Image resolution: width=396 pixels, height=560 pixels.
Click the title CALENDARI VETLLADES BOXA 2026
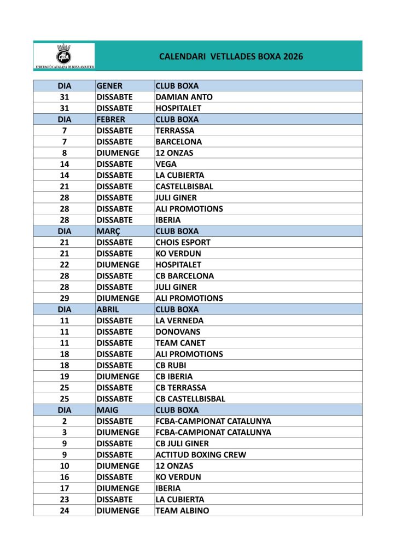point(231,56)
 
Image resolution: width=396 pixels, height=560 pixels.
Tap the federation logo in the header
point(65,56)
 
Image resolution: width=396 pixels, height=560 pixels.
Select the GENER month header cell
point(109,86)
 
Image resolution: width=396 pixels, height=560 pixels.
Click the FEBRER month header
point(111,119)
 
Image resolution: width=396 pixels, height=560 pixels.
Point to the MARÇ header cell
point(108,231)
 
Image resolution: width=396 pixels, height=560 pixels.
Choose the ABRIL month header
point(108,309)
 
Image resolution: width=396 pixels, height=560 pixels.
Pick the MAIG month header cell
point(107,410)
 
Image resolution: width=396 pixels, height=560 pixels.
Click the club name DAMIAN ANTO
point(184,97)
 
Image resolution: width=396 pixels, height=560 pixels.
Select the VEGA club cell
point(166,164)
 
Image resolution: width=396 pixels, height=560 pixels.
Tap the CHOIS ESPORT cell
point(183,242)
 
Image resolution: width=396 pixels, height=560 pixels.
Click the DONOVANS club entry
point(178,331)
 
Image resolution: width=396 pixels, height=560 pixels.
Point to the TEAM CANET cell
point(180,343)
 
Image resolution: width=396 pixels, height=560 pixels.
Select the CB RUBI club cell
point(172,365)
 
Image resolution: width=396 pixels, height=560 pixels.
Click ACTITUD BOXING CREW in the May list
point(201,454)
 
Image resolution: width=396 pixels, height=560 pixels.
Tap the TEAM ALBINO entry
point(182,510)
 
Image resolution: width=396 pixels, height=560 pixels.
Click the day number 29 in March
point(64,298)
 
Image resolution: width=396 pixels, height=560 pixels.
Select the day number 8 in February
point(64,153)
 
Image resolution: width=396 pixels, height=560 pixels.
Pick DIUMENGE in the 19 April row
point(118,376)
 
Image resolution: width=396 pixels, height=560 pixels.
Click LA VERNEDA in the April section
point(179,320)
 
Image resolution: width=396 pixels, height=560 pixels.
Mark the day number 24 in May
point(64,510)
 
